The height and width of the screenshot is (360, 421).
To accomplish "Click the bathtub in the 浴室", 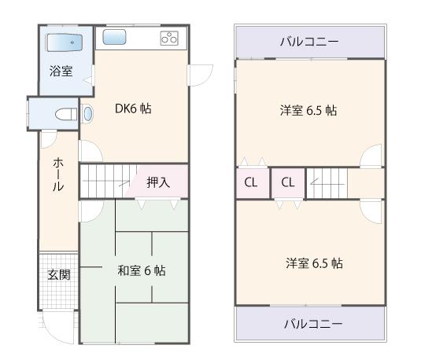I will [65, 42].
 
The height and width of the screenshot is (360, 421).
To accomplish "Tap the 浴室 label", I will [61, 71].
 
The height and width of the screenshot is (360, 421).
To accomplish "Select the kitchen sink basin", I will [115, 37].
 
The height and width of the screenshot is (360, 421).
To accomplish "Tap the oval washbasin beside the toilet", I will [88, 113].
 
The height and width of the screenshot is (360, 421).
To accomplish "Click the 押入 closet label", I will [158, 182].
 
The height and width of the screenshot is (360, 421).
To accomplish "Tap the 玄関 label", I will [58, 274].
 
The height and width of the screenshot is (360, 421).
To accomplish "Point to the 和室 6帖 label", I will [141, 270].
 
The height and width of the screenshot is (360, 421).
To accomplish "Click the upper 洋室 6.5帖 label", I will [308, 111].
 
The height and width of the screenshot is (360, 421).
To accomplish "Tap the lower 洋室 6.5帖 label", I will [313, 263].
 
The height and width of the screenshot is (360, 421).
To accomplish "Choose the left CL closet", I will [251, 183].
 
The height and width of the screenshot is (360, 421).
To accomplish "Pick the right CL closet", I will [288, 183].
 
